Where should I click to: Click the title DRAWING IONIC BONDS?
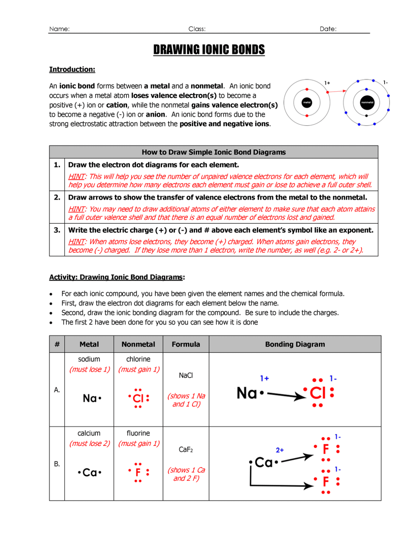pyautogui.click(x=209, y=50)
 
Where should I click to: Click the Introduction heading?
pyautogui.click(x=72, y=69)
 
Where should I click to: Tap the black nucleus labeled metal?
pyautogui.click(x=307, y=102)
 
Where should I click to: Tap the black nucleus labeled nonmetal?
pyautogui.click(x=367, y=102)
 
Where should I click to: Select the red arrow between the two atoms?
pyautogui.click(x=337, y=91)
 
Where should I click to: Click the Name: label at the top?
pyautogui.click(x=59, y=29)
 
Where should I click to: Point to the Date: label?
pyautogui.click(x=328, y=29)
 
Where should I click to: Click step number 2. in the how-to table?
pyautogui.click(x=57, y=197)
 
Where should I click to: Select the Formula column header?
pyautogui.click(x=186, y=344)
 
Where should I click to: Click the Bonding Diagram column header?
pyautogui.click(x=295, y=344)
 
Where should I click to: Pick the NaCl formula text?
pyautogui.click(x=186, y=375)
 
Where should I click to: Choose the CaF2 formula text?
pyautogui.click(x=186, y=449)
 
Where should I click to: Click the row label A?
pyautogui.click(x=57, y=390)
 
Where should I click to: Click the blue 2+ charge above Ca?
pyautogui.click(x=280, y=450)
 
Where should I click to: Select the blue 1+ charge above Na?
pyautogui.click(x=264, y=378)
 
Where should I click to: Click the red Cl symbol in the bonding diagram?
pyautogui.click(x=318, y=393)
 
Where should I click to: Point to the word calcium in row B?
pyautogui.click(x=89, y=433)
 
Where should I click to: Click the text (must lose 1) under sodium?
pyautogui.click(x=89, y=369)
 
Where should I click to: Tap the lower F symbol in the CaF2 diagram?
pyautogui.click(x=326, y=481)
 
